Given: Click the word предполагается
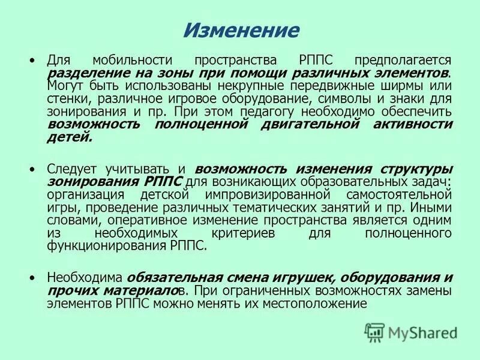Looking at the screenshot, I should (402, 61).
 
